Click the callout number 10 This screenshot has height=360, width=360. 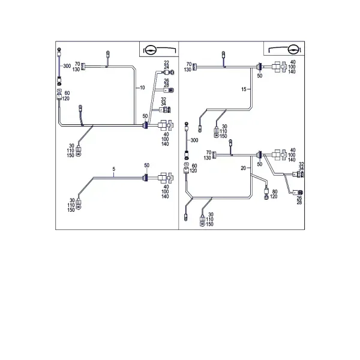pyautogui.click(x=142, y=88)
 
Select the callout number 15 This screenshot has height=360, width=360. pyautogui.click(x=244, y=89)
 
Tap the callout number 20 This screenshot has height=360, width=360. pyautogui.click(x=244, y=168)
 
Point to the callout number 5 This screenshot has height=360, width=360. pyautogui.click(x=114, y=169)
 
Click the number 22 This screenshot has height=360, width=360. pyautogui.click(x=166, y=62)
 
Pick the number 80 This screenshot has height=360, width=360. pyautogui.click(x=275, y=191)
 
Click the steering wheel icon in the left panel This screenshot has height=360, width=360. pyautogui.click(x=151, y=49)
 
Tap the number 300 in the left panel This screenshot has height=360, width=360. pyautogui.click(x=67, y=66)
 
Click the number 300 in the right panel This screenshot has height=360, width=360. pyautogui.click(x=194, y=140)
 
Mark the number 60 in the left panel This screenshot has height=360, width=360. pyautogui.click(x=67, y=93)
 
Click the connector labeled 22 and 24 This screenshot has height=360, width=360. pyautogui.click(x=169, y=73)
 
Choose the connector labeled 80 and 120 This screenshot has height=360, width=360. pyautogui.click(x=266, y=194)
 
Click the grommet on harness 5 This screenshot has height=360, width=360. pyautogui.click(x=145, y=178)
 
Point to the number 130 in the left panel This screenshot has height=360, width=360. pyautogui.click(x=76, y=69)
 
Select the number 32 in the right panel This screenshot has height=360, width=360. pyautogui.click(x=301, y=164)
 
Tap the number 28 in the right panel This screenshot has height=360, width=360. pyautogui.click(x=299, y=202)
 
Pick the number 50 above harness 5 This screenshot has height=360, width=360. pyautogui.click(x=147, y=166)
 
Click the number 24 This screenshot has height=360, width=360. pyautogui.click(x=166, y=67)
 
